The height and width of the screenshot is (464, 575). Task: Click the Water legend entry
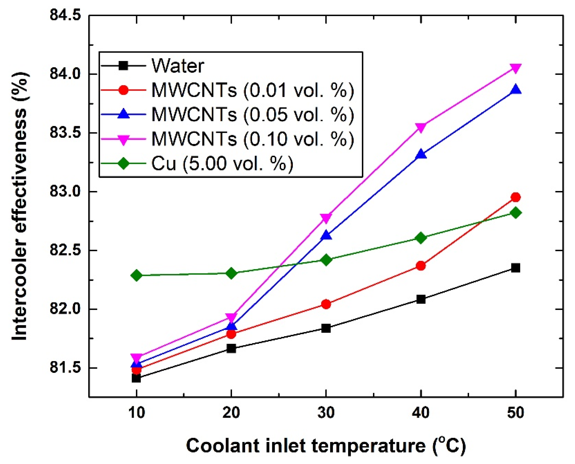(x=178, y=66)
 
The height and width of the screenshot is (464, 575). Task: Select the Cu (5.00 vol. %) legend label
(x=222, y=163)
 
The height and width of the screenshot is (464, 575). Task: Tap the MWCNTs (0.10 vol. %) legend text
(x=253, y=139)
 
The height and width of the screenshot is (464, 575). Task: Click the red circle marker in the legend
(x=123, y=90)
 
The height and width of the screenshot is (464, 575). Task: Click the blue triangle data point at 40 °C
(x=421, y=154)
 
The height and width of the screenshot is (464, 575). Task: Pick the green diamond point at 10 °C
(x=136, y=275)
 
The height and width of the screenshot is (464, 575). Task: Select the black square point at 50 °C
(x=515, y=268)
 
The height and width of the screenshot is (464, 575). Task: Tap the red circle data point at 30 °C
(x=326, y=304)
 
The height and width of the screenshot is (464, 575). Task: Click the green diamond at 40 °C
(x=421, y=238)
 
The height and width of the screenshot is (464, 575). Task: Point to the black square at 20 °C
(x=231, y=349)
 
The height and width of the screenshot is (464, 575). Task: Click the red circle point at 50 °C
(x=515, y=197)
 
